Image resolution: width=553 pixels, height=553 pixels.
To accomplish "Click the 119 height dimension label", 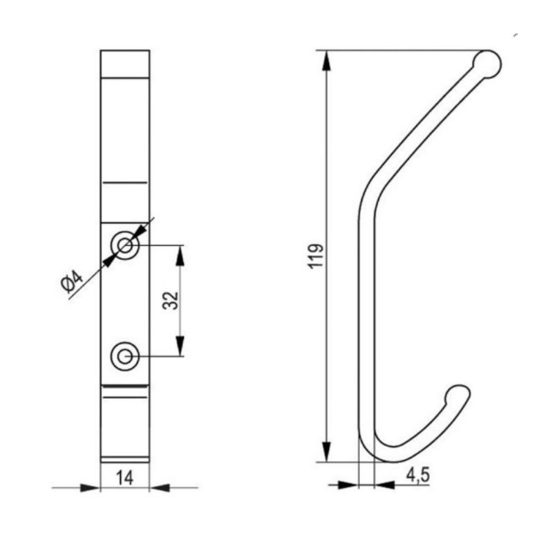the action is [316, 256].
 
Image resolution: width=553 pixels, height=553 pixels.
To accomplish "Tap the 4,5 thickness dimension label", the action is [418, 475].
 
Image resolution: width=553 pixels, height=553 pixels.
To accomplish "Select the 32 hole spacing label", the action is [171, 301].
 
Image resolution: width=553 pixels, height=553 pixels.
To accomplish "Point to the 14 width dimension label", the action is [125, 478].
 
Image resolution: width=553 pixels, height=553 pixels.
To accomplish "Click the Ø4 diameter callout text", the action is [72, 281].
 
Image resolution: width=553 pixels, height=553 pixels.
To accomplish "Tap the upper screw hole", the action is [125, 245].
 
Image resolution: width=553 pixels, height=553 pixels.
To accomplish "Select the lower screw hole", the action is [125, 357].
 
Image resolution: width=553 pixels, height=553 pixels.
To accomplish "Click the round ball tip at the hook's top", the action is [487, 64].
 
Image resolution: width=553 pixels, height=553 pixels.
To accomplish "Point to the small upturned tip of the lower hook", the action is [458, 394].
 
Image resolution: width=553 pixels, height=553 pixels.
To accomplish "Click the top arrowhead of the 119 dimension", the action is [327, 61].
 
